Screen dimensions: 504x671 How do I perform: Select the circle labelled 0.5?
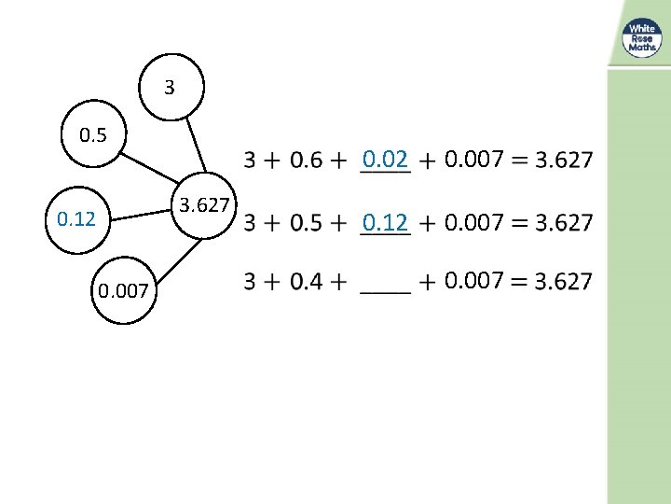pyautogui.click(x=94, y=136)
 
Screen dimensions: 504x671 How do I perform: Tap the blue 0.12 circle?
pyautogui.click(x=77, y=220)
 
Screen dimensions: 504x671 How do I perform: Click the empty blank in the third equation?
pyautogui.click(x=384, y=285)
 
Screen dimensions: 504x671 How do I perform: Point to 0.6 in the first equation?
pyautogui.click(x=307, y=161)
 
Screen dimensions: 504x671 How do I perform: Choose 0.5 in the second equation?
pyautogui.click(x=307, y=223)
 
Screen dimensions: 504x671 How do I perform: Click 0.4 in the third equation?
pyautogui.click(x=307, y=281)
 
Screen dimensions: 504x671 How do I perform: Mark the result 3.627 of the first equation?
pyautogui.click(x=563, y=161)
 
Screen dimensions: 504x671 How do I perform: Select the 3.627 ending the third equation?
pyautogui.click(x=563, y=281)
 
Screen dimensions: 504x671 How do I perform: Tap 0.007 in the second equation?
pyautogui.click(x=474, y=223)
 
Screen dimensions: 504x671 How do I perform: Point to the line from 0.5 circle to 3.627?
pyautogui.click(x=154, y=167)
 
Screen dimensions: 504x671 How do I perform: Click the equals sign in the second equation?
pyautogui.click(x=519, y=223)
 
